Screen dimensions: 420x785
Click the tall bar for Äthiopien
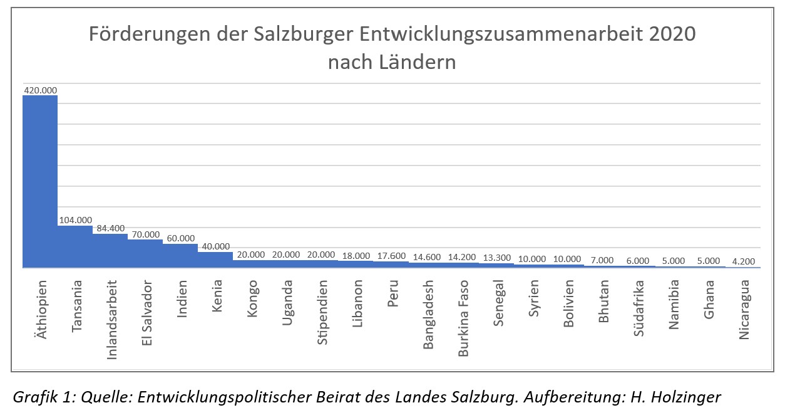point(40,182)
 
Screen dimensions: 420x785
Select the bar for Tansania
point(75,247)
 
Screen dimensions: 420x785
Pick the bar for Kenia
point(215,260)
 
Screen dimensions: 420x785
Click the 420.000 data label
point(41,90)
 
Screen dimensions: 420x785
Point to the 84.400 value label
point(110,228)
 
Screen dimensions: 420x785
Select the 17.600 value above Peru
point(391,256)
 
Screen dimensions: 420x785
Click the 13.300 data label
point(496,258)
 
